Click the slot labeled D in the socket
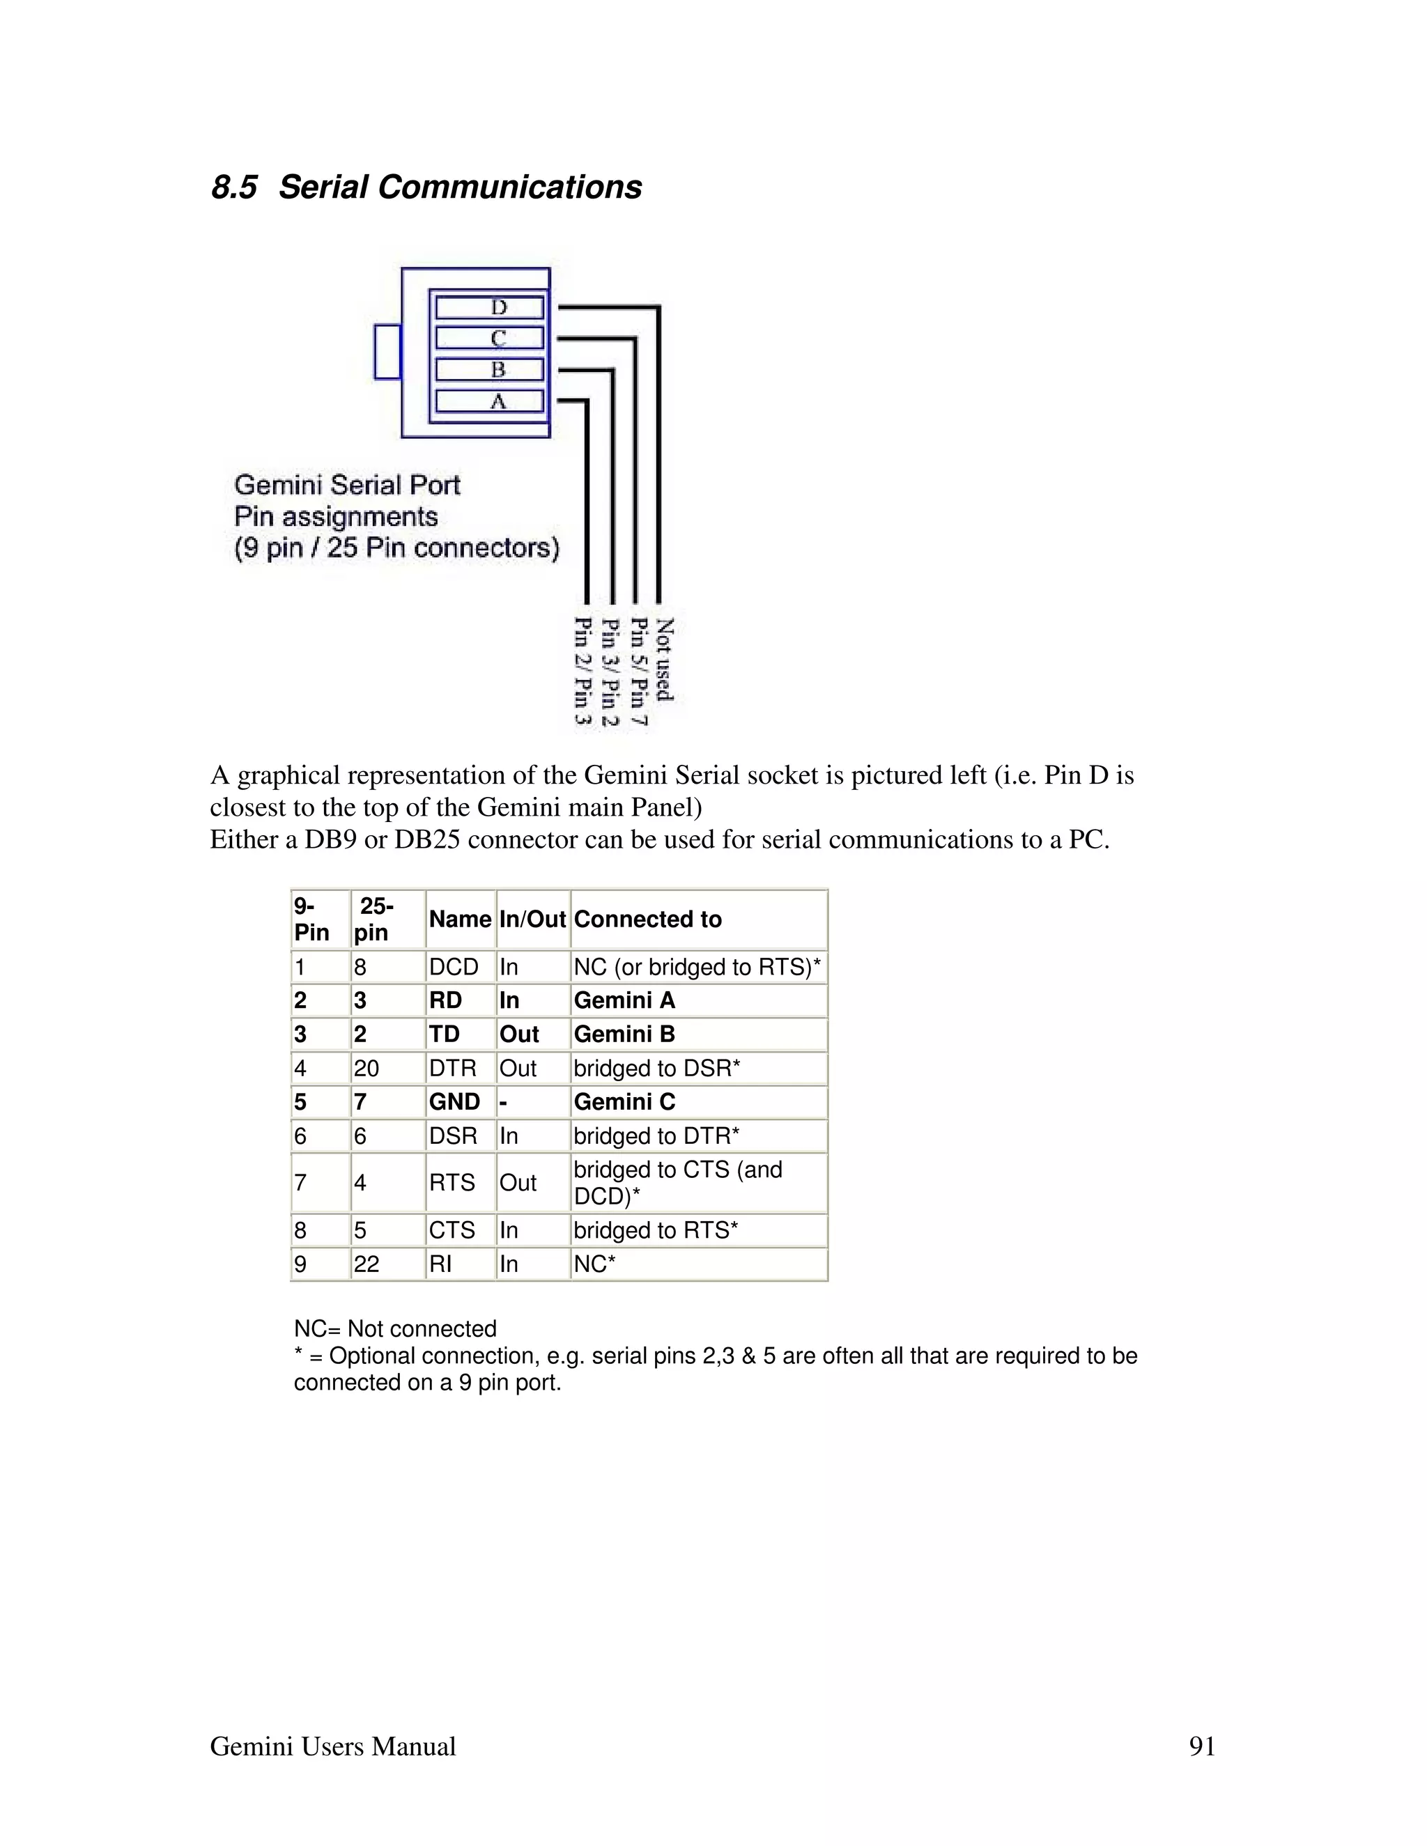489,308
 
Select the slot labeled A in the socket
489,401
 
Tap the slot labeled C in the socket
489,338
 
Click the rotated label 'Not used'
665,659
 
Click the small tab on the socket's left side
387,352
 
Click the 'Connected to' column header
647,920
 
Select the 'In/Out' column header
532,920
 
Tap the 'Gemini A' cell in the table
625,1001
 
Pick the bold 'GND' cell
454,1102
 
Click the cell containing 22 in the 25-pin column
367,1264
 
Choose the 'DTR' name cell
452,1069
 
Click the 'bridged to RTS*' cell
655,1231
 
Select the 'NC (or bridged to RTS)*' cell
697,967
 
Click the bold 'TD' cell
444,1034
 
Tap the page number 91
1201,1746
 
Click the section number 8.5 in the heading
233,187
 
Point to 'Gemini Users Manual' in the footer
332,1746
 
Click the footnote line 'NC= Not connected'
395,1328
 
